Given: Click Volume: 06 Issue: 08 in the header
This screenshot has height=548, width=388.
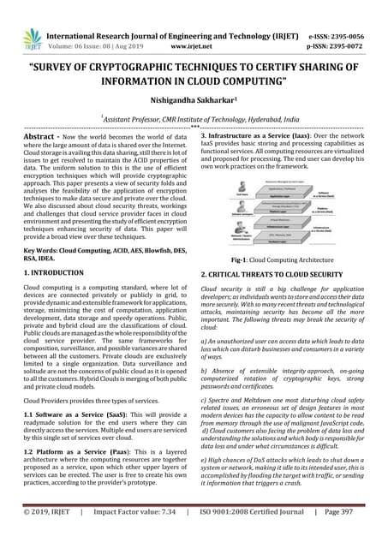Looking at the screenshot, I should pyautogui.click(x=89, y=27).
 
